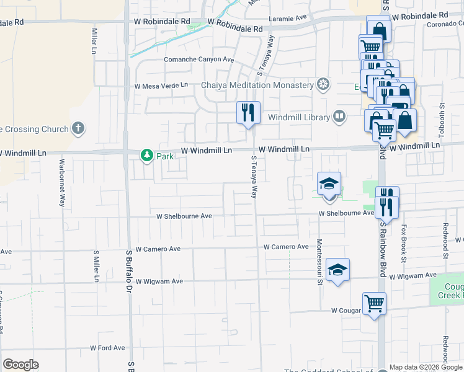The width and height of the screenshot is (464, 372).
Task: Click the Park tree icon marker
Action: [147, 156]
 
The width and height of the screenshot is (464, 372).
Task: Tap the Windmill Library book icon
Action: [339, 116]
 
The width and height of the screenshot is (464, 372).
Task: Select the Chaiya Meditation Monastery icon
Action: [323, 84]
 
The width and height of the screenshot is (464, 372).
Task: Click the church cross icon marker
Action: [78, 128]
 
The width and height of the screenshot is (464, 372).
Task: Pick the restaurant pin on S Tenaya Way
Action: [248, 113]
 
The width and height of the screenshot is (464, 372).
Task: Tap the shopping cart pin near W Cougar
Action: [375, 304]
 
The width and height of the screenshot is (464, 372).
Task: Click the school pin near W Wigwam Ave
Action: [337, 270]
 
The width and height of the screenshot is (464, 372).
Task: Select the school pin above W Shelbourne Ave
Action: [329, 184]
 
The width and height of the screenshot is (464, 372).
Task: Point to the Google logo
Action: [20, 365]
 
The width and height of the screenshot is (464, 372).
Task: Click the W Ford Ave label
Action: [107, 348]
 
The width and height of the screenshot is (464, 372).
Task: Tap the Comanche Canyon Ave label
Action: [199, 60]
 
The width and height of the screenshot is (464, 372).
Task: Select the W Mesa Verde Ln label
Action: [161, 85]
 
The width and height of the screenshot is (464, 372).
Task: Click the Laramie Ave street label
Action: [294, 19]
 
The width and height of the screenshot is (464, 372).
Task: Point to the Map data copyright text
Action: [426, 366]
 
